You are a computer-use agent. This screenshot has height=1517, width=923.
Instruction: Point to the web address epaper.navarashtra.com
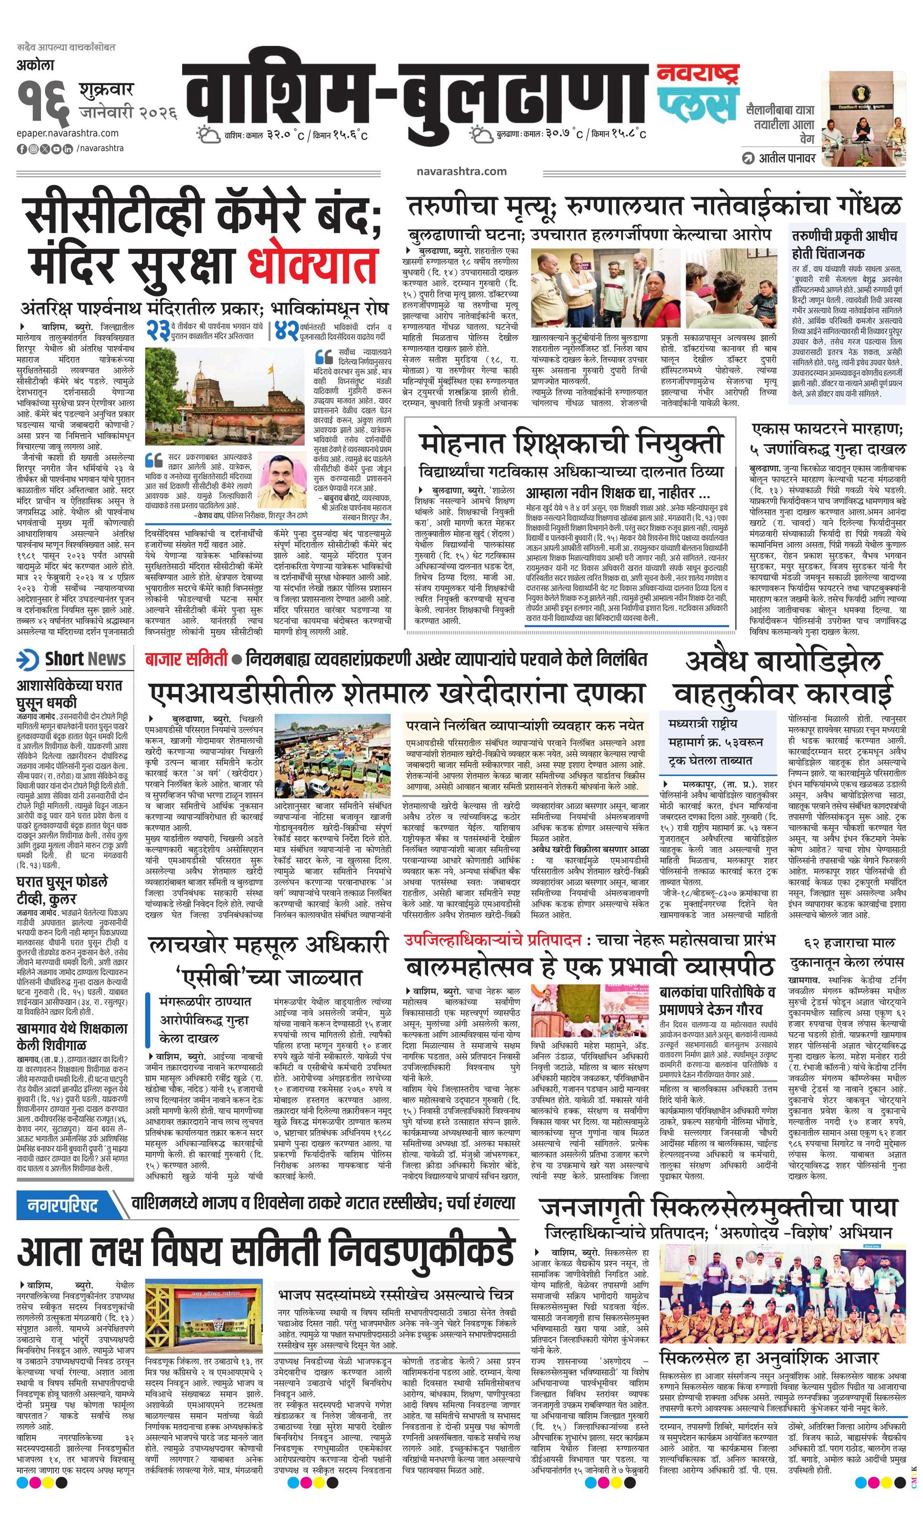pos(68,133)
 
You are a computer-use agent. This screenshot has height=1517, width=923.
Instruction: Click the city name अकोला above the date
pos(37,65)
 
